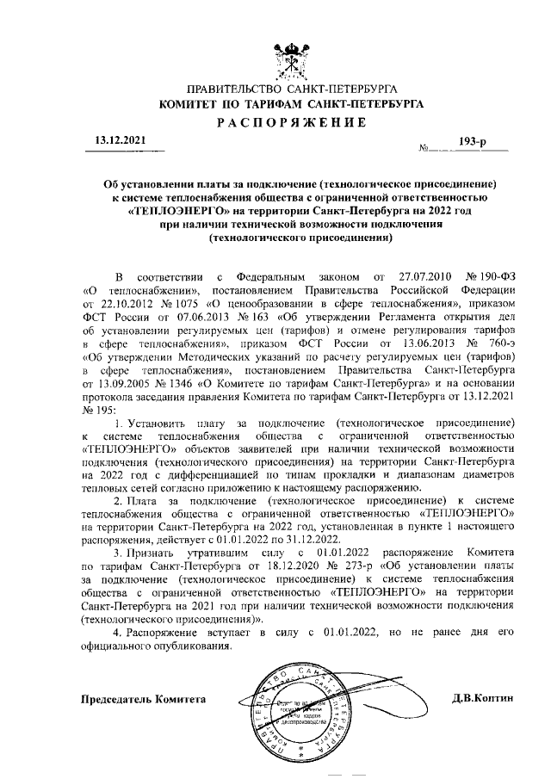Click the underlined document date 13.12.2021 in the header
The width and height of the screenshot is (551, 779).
121,139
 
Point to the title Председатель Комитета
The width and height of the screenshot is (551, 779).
140,698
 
